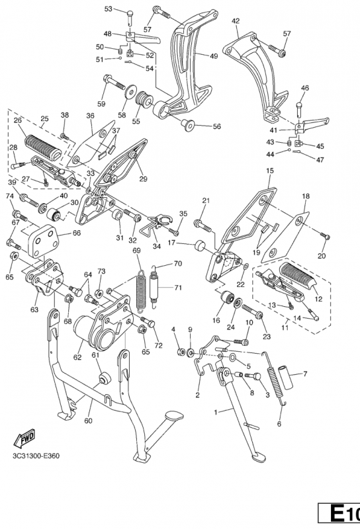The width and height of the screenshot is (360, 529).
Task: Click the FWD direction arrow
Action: (x=24, y=438)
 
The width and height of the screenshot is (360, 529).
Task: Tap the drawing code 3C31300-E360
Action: (x=36, y=456)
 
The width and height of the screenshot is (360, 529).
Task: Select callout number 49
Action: (x=214, y=56)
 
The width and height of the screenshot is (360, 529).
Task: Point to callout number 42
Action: (x=236, y=21)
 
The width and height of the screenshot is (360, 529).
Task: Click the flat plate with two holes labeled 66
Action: (x=43, y=240)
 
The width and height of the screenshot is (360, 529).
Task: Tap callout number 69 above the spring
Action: (x=136, y=251)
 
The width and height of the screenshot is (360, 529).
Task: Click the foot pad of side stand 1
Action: (x=259, y=458)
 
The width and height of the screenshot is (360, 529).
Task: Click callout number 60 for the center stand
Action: (x=88, y=421)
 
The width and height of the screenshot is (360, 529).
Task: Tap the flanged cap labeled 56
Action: (x=187, y=124)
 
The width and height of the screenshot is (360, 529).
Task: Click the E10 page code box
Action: (x=339, y=513)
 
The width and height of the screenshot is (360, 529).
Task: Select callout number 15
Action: (x=270, y=171)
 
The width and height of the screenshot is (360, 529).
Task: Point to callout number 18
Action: (x=306, y=196)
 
